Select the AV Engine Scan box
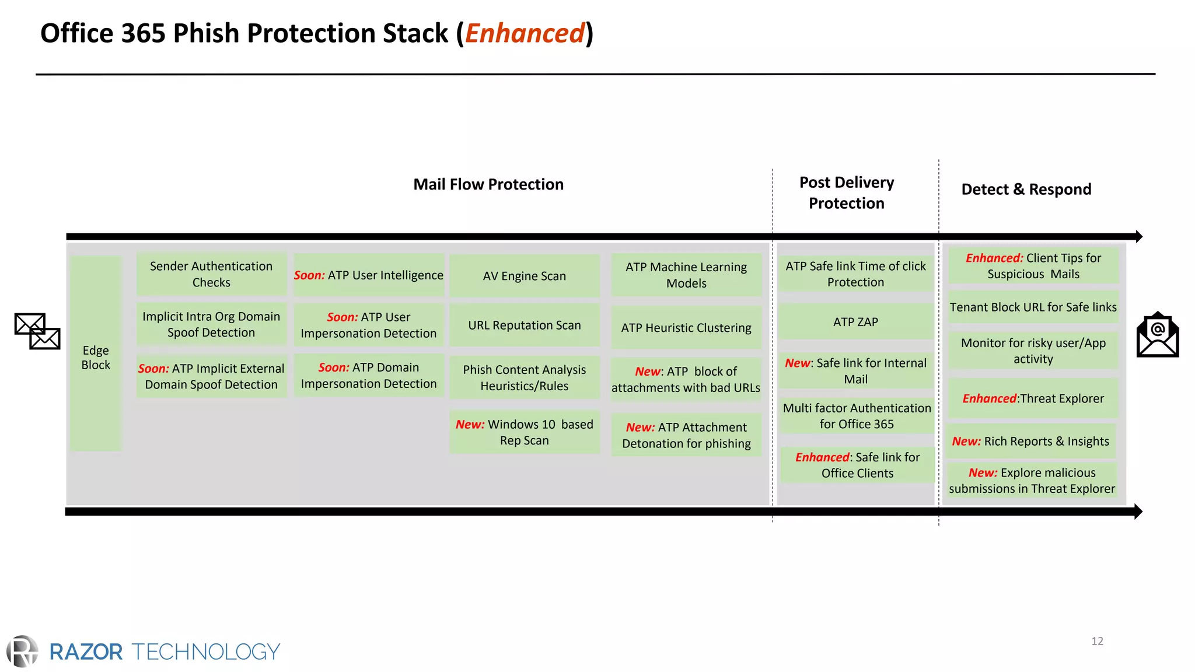[x=524, y=276]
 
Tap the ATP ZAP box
[x=855, y=321]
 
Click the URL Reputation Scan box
[x=524, y=325]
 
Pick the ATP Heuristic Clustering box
[x=686, y=328]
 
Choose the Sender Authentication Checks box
[x=211, y=274]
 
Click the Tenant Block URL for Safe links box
[x=1033, y=307]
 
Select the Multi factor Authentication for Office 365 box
[x=857, y=416]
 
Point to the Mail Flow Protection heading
[x=488, y=184]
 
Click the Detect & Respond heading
[x=1026, y=189]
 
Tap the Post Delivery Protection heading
[x=846, y=192]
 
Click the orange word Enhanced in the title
[x=525, y=33]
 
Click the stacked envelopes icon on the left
[x=37, y=331]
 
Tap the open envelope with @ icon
[x=1158, y=335]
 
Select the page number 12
[x=1097, y=641]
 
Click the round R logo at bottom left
[x=23, y=651]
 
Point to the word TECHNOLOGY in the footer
[x=206, y=652]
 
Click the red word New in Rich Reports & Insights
[x=966, y=442]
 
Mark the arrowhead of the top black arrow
[x=1138, y=236]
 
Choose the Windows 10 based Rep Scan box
[x=524, y=432]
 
